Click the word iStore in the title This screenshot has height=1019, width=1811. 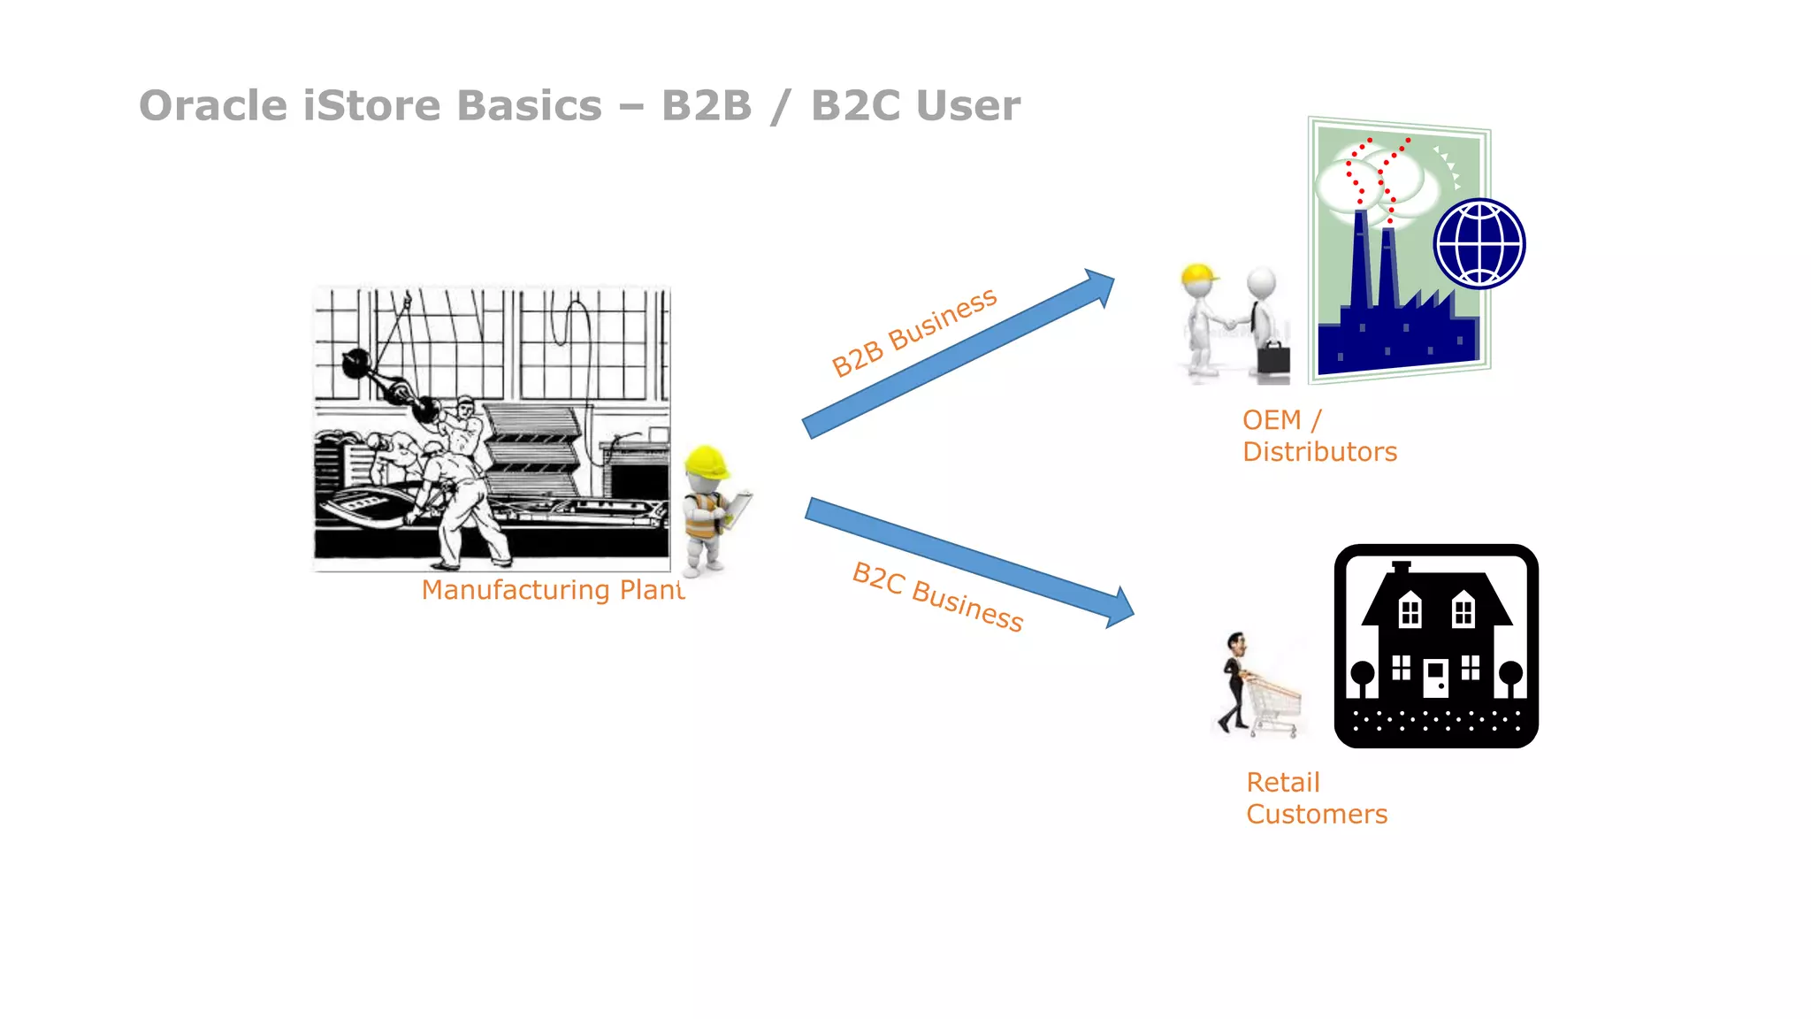371,105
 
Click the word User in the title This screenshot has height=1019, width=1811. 968,105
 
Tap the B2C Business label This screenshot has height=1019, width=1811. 937,596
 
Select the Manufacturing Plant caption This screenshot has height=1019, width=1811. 553,589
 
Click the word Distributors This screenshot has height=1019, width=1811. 1319,452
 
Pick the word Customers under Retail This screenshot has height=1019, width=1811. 1316,814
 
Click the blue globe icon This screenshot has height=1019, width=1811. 1479,244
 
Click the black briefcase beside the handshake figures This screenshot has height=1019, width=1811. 1273,358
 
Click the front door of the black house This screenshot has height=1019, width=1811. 1435,678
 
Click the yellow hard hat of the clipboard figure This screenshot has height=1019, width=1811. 705,461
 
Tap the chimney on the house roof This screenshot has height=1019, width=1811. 1401,567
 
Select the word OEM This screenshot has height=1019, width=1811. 1271,420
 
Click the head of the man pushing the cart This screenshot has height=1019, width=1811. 1236,642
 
